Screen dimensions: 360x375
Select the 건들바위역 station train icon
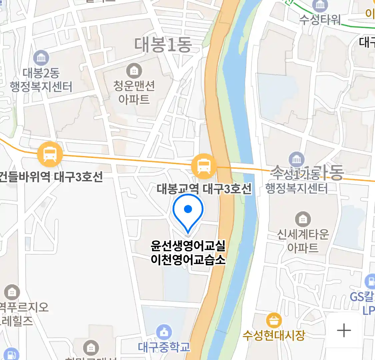point(50,154)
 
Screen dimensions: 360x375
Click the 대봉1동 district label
point(163,45)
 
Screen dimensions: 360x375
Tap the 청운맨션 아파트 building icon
point(134,71)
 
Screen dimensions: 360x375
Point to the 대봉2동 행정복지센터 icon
point(41,58)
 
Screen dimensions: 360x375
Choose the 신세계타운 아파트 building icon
point(303,219)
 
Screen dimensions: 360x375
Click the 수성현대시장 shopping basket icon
point(274,321)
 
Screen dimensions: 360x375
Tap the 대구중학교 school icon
point(164,332)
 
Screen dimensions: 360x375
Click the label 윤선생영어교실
point(188,246)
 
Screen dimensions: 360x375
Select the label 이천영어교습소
point(188,260)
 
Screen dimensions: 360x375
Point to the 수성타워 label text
point(320,19)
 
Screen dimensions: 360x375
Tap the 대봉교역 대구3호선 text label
point(204,189)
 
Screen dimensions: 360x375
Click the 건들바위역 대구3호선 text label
point(51,177)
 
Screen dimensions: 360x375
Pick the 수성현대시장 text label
point(274,335)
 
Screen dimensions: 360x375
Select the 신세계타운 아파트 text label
point(303,241)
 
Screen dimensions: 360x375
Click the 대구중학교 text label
point(164,347)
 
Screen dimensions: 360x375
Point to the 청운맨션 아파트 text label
point(134,92)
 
